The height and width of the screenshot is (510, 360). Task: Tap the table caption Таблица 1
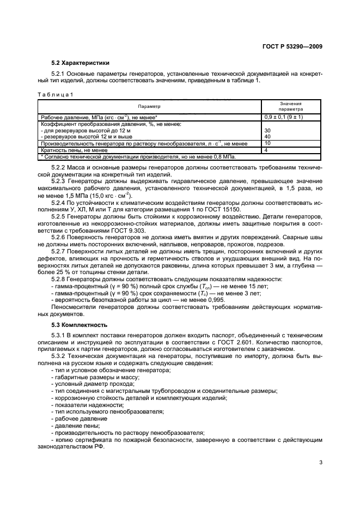coord(54,94)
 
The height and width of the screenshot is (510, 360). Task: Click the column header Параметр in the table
coord(149,106)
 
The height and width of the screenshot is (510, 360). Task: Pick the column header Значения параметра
coord(291,106)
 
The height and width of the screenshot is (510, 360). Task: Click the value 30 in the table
coord(267,131)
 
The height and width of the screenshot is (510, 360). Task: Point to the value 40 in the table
coord(267,137)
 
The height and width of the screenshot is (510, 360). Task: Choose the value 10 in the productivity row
coord(267,143)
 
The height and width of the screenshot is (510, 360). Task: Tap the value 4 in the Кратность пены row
coord(266,149)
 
